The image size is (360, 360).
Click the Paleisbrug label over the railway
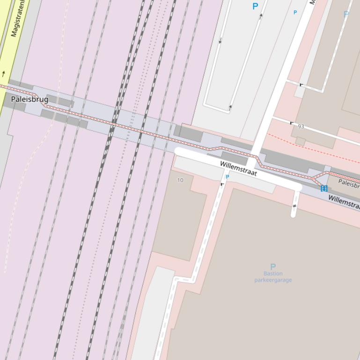[x=29, y=99]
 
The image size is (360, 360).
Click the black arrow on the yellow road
[x=4, y=73]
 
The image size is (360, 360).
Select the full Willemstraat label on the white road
[x=238, y=168]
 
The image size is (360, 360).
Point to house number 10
[x=181, y=180]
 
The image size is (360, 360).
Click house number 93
[x=301, y=126]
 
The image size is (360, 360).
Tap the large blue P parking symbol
[x=255, y=6]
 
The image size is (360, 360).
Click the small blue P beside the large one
[x=295, y=13]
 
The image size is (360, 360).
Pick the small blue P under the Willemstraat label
[x=228, y=177]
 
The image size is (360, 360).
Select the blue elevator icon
[x=323, y=188]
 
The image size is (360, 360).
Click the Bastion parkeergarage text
[x=273, y=277]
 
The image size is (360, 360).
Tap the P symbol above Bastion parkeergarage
[x=273, y=266]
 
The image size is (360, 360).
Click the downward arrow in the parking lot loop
[x=220, y=41]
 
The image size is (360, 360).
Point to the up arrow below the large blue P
[x=261, y=16]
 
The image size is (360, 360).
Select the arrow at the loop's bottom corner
[x=230, y=108]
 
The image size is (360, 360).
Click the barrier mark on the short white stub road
[x=294, y=206]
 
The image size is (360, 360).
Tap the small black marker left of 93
[x=292, y=123]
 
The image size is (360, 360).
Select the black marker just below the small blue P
[x=222, y=184]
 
